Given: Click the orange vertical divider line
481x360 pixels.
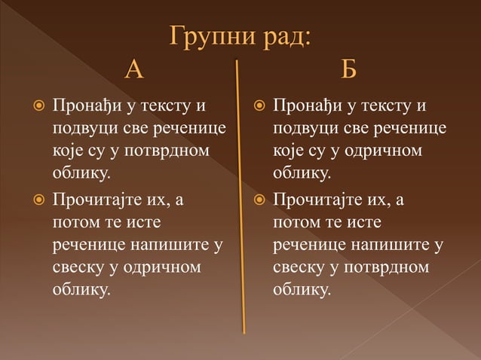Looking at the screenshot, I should pyautogui.click(x=240, y=196).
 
